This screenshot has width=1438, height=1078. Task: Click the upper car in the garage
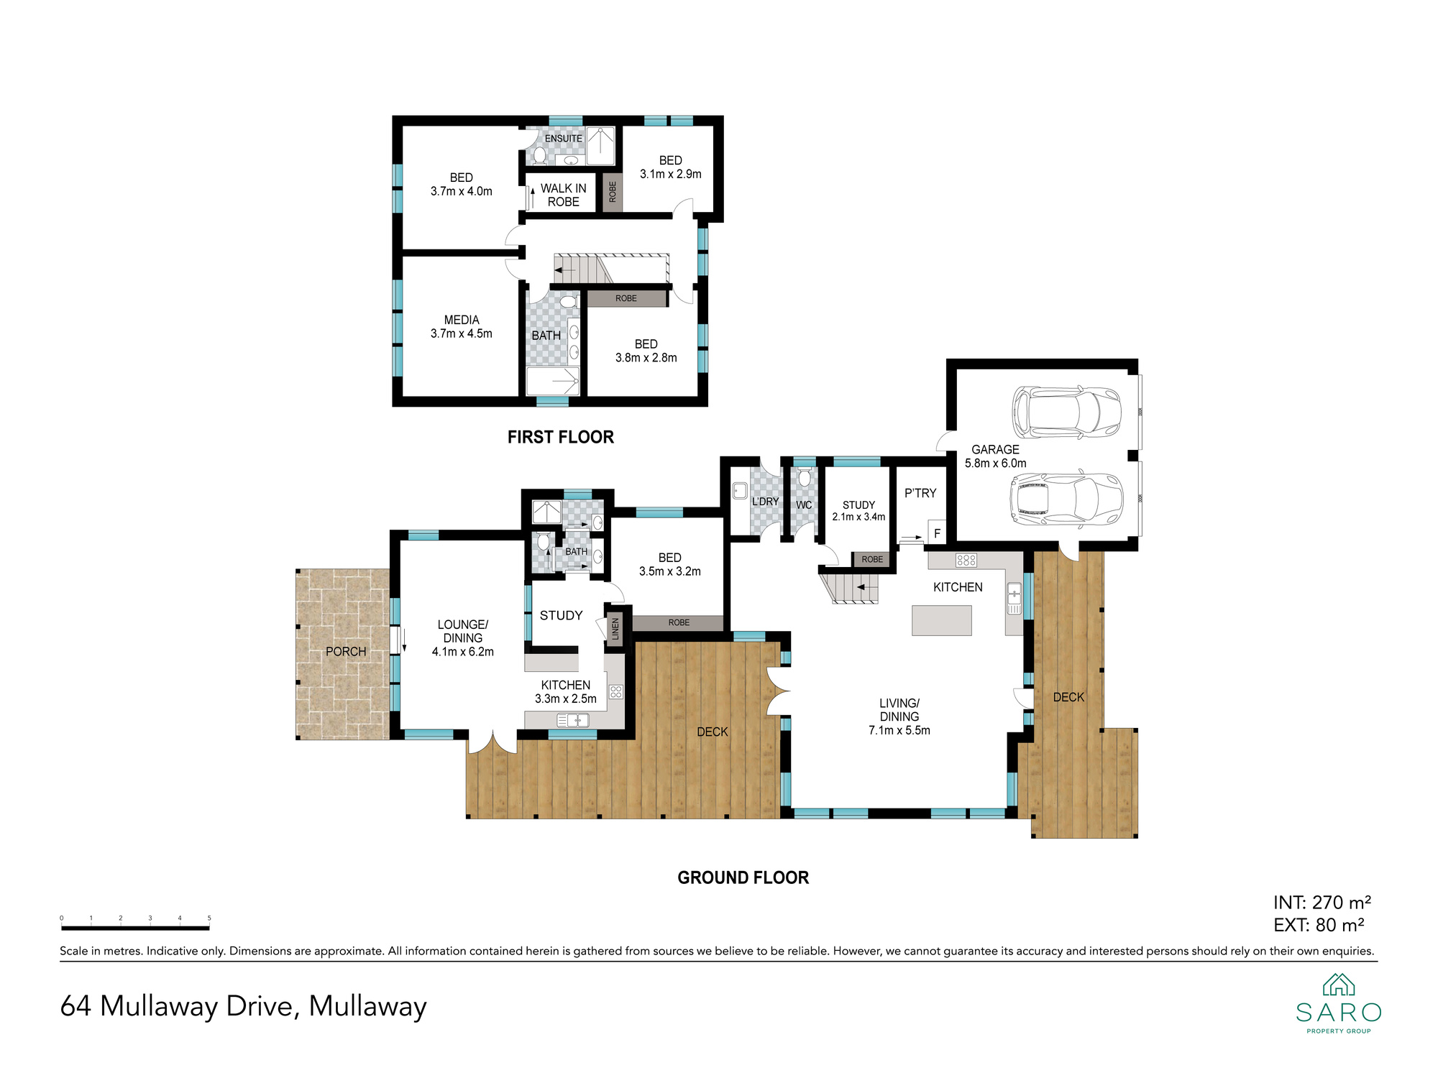(1066, 413)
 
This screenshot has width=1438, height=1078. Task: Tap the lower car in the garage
(1066, 498)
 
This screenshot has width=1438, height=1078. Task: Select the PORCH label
(346, 652)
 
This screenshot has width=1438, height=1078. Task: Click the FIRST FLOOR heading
(561, 437)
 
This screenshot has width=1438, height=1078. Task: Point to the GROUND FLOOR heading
(743, 877)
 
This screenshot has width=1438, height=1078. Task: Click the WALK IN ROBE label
(564, 195)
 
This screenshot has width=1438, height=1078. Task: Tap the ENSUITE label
(564, 139)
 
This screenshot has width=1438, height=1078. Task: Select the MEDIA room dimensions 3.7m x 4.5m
(462, 333)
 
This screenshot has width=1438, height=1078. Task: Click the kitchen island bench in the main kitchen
(942, 620)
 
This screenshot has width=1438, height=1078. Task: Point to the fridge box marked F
(937, 533)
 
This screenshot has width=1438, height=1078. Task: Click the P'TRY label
(920, 493)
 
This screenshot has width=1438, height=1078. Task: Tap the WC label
(804, 505)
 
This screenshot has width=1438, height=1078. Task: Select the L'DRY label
(765, 502)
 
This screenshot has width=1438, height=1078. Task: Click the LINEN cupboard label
(615, 629)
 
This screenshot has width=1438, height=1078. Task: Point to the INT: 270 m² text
(1322, 903)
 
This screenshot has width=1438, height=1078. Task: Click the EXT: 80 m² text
(1319, 925)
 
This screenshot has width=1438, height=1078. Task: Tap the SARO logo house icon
(1339, 984)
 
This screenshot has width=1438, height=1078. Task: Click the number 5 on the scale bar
(209, 918)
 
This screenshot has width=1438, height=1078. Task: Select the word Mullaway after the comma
(368, 1007)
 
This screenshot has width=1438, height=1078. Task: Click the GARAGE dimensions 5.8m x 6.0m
(996, 464)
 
